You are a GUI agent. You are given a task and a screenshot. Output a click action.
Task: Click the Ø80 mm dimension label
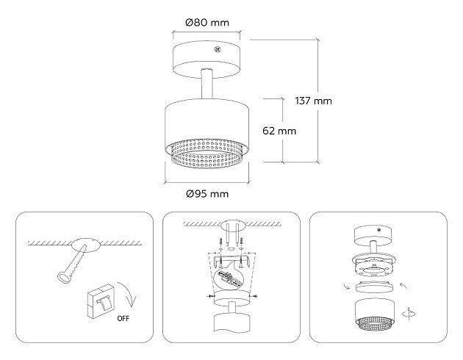click(208, 22)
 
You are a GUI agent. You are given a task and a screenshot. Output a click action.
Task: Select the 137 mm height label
click(312, 101)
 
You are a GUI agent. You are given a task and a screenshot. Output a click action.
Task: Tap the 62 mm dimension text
click(279, 132)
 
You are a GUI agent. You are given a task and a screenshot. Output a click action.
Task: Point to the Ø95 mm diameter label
click(208, 194)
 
